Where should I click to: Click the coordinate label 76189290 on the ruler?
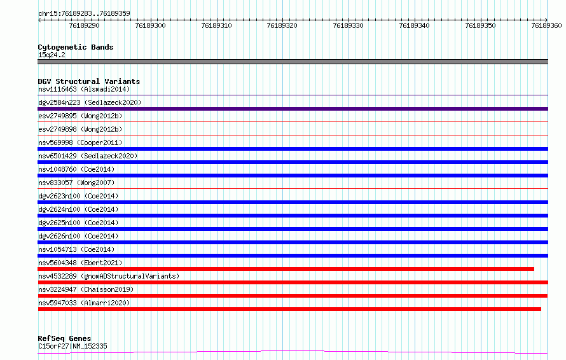[x=84, y=25]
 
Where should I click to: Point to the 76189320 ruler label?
[x=282, y=25]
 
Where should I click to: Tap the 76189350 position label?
[x=480, y=25]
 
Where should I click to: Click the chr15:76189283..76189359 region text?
[x=84, y=13]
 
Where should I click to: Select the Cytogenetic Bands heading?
[x=76, y=47]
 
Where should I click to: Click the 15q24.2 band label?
[x=52, y=55]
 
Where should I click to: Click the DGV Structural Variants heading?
[x=89, y=81]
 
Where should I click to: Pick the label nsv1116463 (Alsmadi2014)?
[x=84, y=89]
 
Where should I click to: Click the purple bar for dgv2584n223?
[x=293, y=109]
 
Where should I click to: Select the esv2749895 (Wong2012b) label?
[x=80, y=116]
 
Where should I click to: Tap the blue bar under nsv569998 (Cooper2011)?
[x=293, y=149]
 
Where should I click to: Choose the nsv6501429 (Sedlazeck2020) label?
[x=88, y=156]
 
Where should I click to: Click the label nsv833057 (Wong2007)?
[x=76, y=183]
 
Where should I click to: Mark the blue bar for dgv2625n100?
[x=293, y=229]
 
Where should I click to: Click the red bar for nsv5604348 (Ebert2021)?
[x=286, y=269]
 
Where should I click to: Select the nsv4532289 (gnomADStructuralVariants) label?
[x=109, y=276]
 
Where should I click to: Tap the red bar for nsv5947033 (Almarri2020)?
[x=289, y=309]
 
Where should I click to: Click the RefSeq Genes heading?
[x=65, y=338]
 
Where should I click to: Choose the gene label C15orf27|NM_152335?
[x=72, y=346]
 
